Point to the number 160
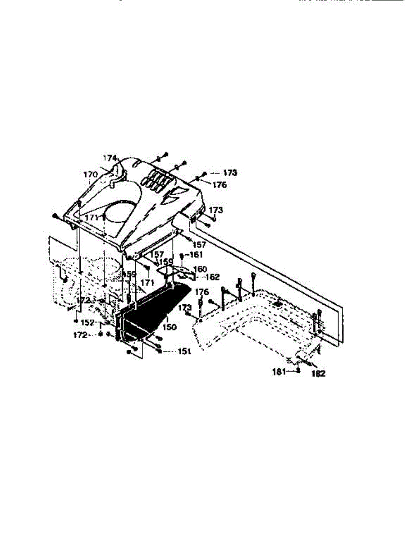pos(199,269)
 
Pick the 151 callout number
pos(184,352)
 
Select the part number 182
pos(318,374)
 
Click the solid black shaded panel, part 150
pos(153,311)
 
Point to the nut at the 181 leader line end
pos(298,371)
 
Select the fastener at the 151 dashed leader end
pos(160,351)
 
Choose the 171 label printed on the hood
pos(92,217)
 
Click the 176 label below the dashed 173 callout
pos(220,185)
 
